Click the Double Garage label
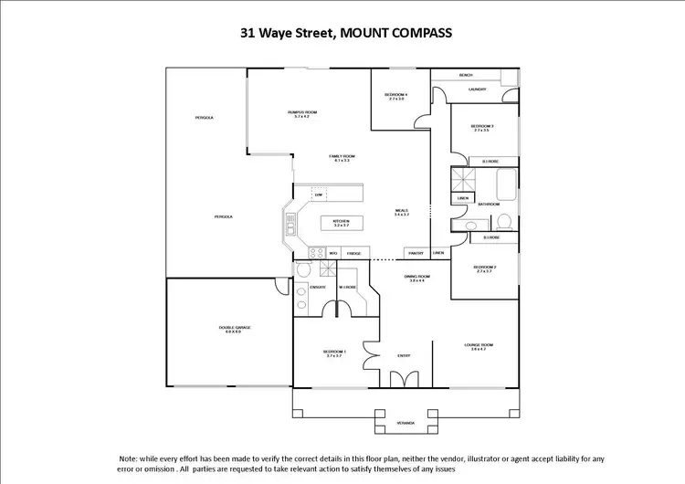point(228,328)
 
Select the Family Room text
point(341,158)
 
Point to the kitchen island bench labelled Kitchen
point(342,222)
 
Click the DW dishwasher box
point(318,195)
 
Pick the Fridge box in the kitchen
point(353,253)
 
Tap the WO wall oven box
point(333,253)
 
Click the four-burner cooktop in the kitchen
point(315,253)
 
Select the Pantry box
point(416,253)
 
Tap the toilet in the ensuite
point(302,270)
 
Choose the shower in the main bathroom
point(460,179)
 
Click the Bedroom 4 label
point(395,96)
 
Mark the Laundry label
point(477,89)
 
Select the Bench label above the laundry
point(466,75)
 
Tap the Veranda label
point(406,424)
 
